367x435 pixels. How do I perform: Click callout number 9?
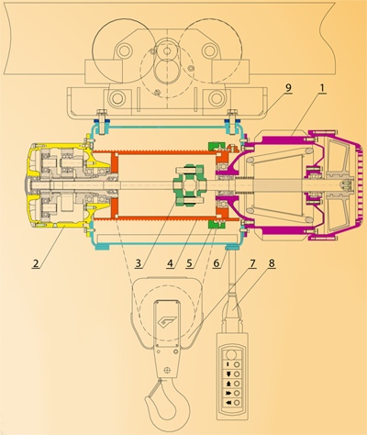pyautogui.click(x=288, y=88)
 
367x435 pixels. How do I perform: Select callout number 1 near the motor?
pyautogui.click(x=321, y=88)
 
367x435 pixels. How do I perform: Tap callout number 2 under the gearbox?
pyautogui.click(x=36, y=263)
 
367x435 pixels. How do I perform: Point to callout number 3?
pyautogui.click(x=139, y=263)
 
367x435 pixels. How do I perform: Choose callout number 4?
pyautogui.click(x=171, y=263)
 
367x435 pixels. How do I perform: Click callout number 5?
pyautogui.click(x=190, y=263)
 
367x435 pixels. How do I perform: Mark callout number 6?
pyautogui.click(x=217, y=263)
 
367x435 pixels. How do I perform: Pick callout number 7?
pyautogui.click(x=251, y=263)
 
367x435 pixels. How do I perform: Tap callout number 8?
pyautogui.click(x=272, y=263)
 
